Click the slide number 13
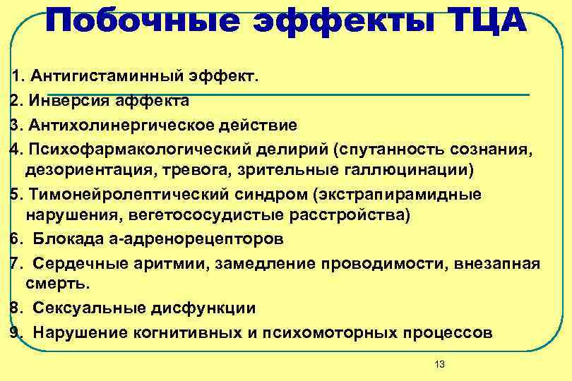(x=440, y=364)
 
